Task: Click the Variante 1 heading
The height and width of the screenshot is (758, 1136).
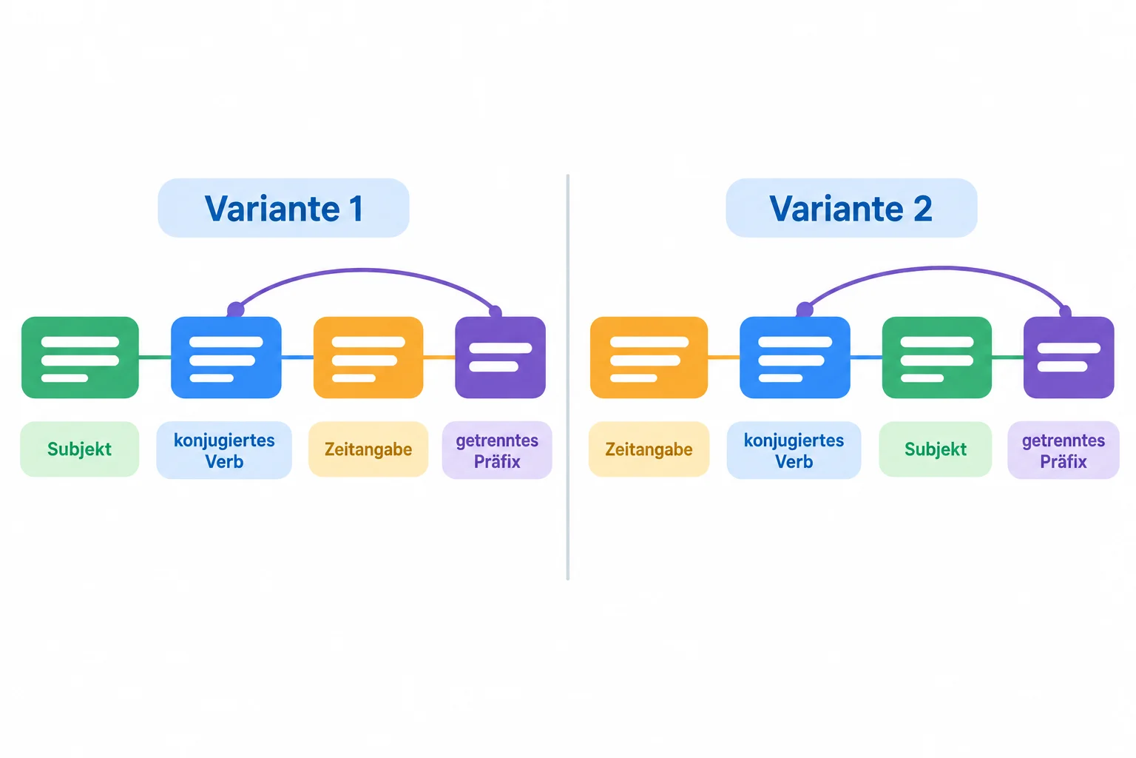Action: click(283, 208)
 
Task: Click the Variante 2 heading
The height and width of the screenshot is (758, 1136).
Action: click(851, 208)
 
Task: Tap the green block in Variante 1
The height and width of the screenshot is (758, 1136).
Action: click(80, 358)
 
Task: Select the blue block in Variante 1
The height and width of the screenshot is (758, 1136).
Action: click(226, 358)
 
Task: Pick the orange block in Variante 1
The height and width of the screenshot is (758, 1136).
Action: click(369, 358)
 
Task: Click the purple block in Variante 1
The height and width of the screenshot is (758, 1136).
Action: click(501, 358)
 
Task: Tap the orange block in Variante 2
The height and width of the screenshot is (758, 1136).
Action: click(649, 358)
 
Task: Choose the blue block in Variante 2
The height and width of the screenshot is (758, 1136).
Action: click(795, 358)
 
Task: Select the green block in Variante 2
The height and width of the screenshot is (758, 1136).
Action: click(937, 358)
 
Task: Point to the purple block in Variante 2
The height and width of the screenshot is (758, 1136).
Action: click(1069, 358)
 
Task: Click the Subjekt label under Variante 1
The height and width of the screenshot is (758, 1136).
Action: click(80, 449)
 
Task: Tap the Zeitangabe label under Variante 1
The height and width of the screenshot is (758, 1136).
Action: click(369, 449)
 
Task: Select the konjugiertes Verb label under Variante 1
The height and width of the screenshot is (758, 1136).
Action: click(224, 450)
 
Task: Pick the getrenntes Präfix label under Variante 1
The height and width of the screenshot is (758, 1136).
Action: click(497, 450)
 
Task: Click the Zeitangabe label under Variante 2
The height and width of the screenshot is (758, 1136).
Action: click(649, 449)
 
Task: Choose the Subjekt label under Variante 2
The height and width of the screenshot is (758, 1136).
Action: click(936, 449)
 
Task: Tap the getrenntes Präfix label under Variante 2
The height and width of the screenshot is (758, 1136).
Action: click(1064, 450)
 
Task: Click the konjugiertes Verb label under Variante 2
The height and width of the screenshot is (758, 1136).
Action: click(794, 450)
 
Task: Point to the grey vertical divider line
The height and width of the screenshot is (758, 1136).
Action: click(568, 378)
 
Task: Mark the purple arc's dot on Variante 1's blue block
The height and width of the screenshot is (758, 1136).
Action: click(235, 309)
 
